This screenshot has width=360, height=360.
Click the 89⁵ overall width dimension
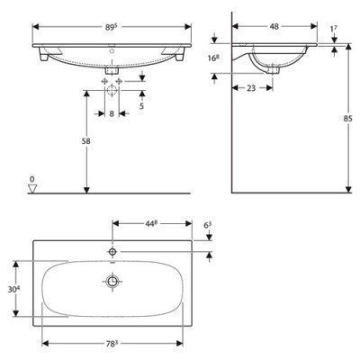[x=111, y=26]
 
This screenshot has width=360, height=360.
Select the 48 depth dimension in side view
[x=273, y=26]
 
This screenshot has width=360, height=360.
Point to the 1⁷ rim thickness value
[x=335, y=31]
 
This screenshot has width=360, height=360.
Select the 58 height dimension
[x=76, y=142]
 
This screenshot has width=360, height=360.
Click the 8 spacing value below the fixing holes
[x=112, y=113]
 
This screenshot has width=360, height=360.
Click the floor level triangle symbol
[x=31, y=189]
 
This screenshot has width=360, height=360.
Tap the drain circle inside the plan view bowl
[x=112, y=282]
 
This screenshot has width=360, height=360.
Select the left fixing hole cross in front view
[x=105, y=85]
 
